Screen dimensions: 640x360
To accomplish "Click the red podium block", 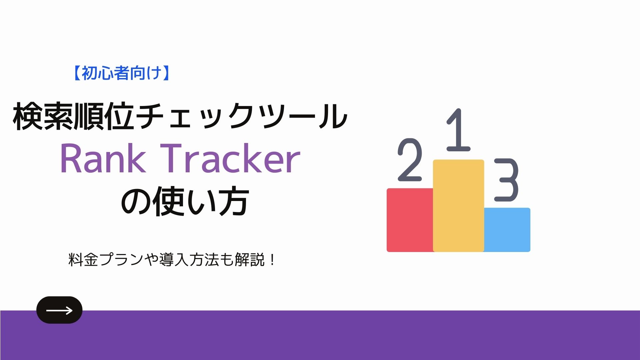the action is pos(410,220).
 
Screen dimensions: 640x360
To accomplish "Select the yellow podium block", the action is pos(459,206).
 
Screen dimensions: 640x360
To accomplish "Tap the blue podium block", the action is pos(507,230).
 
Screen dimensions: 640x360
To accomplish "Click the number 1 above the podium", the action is pos(459,130).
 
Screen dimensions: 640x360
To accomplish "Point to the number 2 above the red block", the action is pos(410,160).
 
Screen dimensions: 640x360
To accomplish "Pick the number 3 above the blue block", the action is pos(506,180).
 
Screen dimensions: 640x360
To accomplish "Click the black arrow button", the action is pos(59,310).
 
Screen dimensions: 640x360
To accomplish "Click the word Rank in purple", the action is pos(103,159).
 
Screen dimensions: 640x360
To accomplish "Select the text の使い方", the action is pos(185,201).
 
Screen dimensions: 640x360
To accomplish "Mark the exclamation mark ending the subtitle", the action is pos(273,260).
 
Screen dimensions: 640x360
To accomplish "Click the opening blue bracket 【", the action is pos(77,73).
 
